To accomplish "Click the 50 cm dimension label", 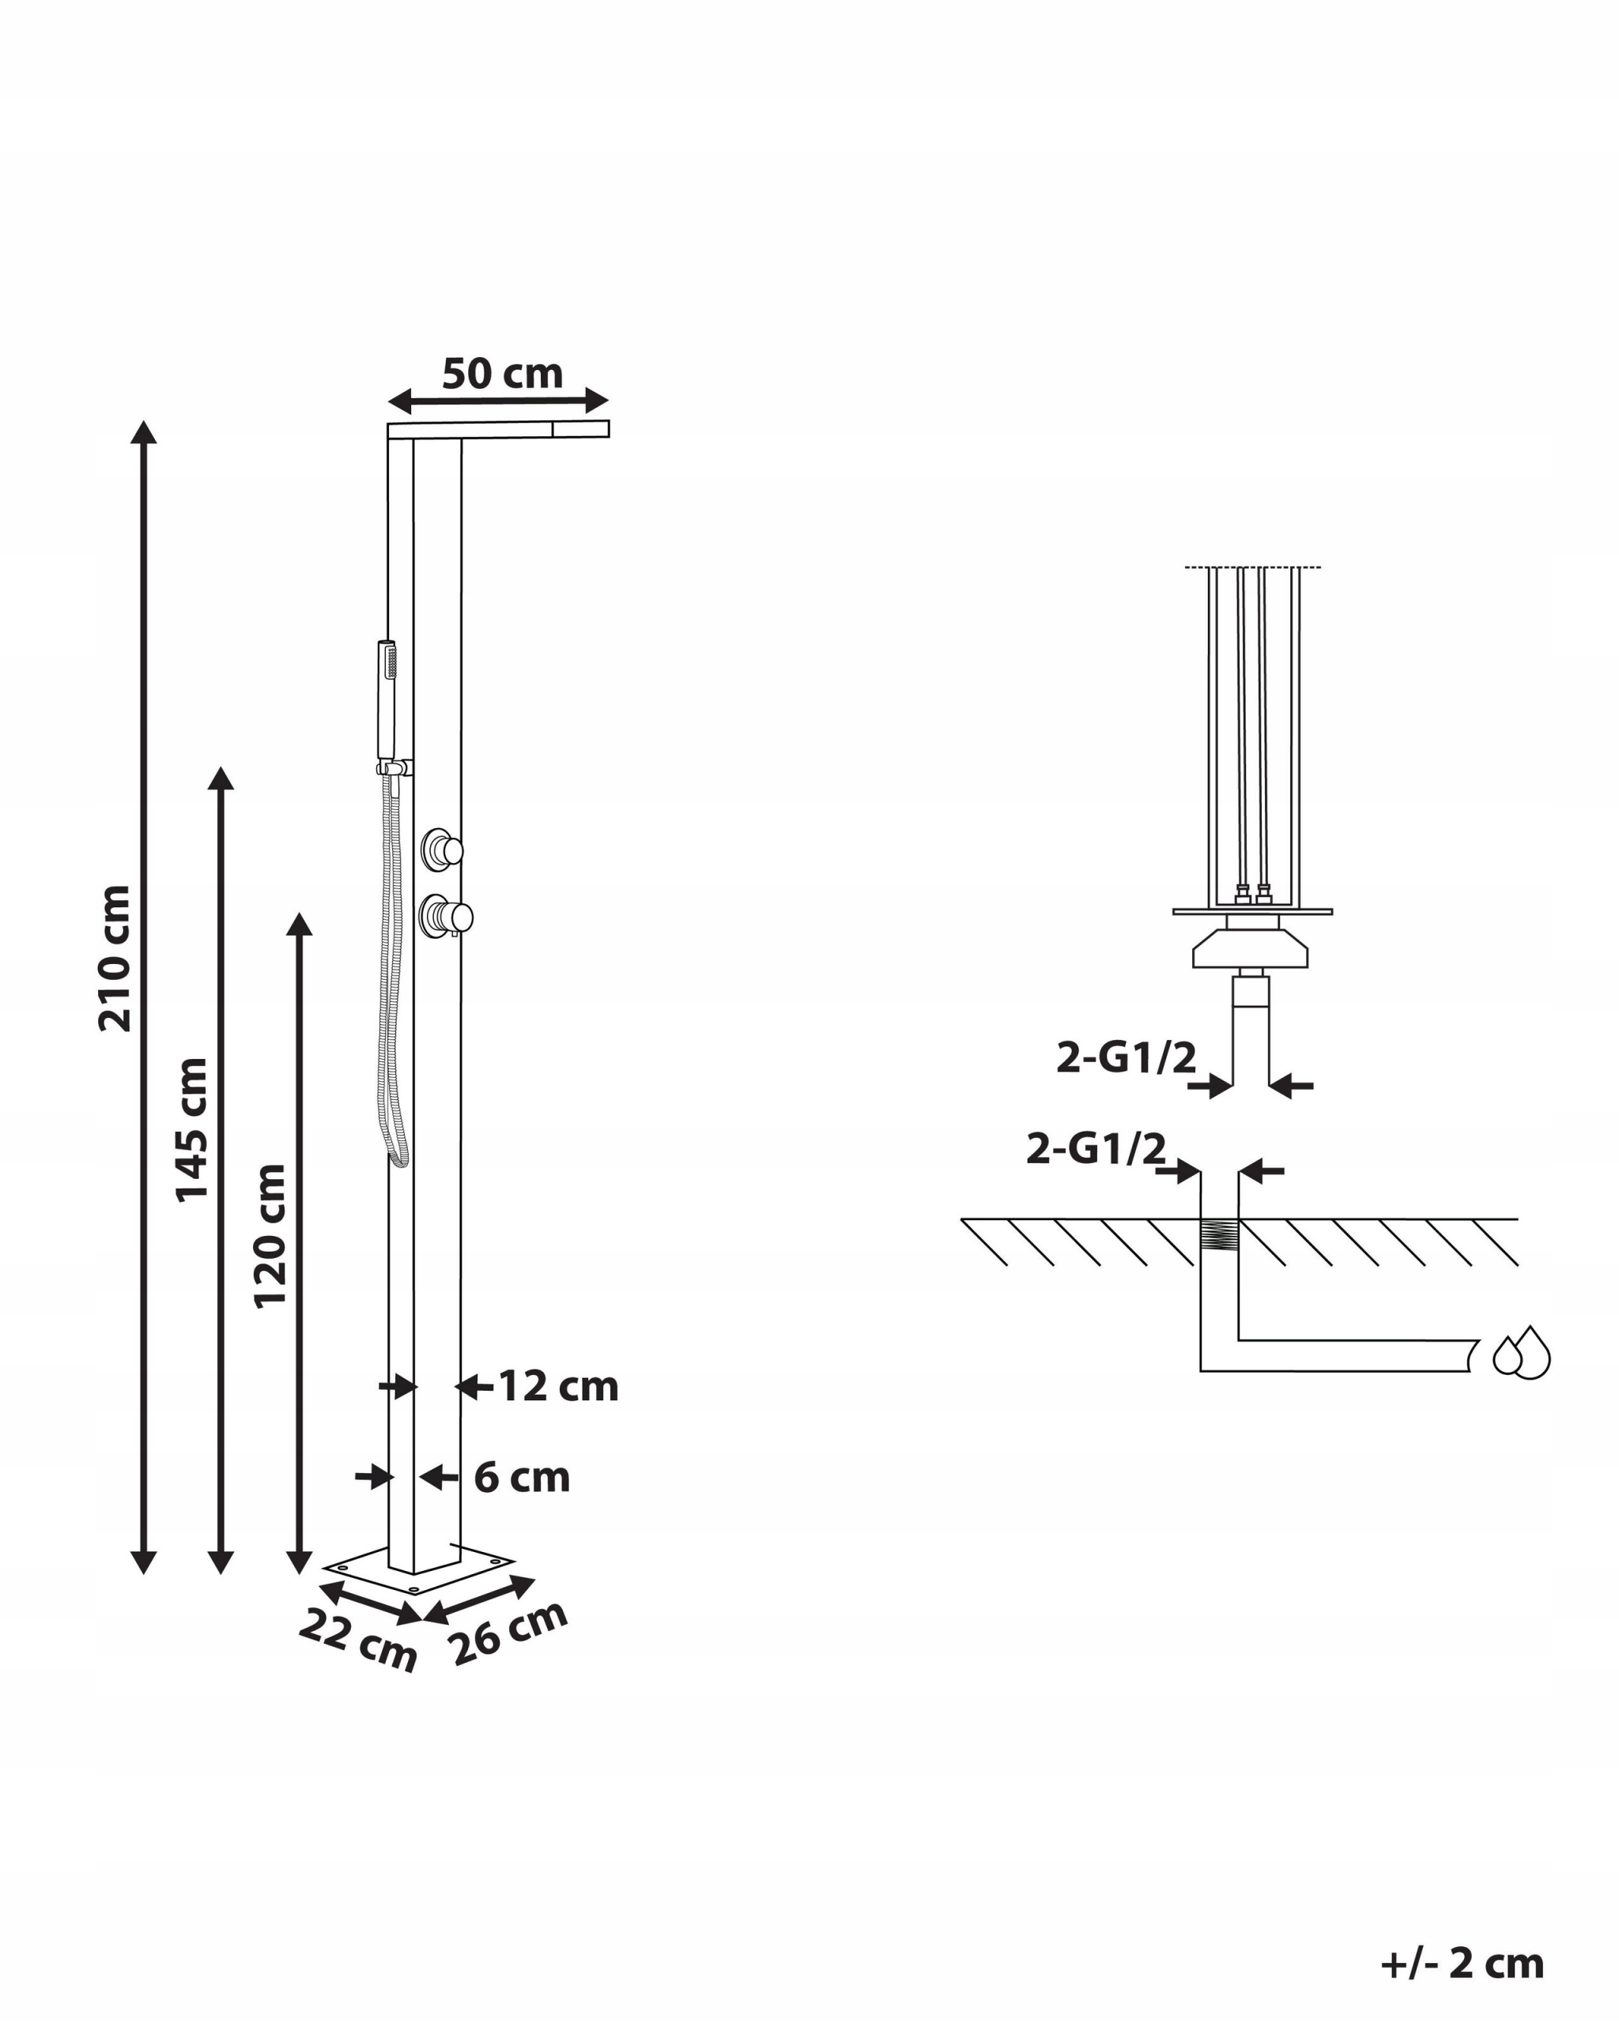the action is tap(502, 374).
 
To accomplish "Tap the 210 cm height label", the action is tap(115, 958).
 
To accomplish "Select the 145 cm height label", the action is tap(191, 1130).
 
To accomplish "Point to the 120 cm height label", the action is tap(270, 1236).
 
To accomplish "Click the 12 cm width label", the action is tap(557, 1386).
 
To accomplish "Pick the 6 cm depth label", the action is tap(522, 1478).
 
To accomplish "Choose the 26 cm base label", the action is tap(508, 1633).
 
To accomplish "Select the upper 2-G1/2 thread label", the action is tap(1127, 1058).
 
